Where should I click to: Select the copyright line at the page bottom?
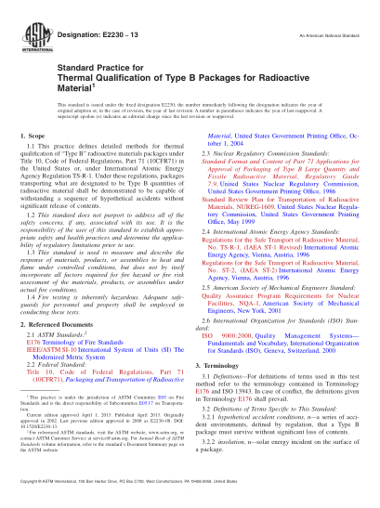tap(190, 498)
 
